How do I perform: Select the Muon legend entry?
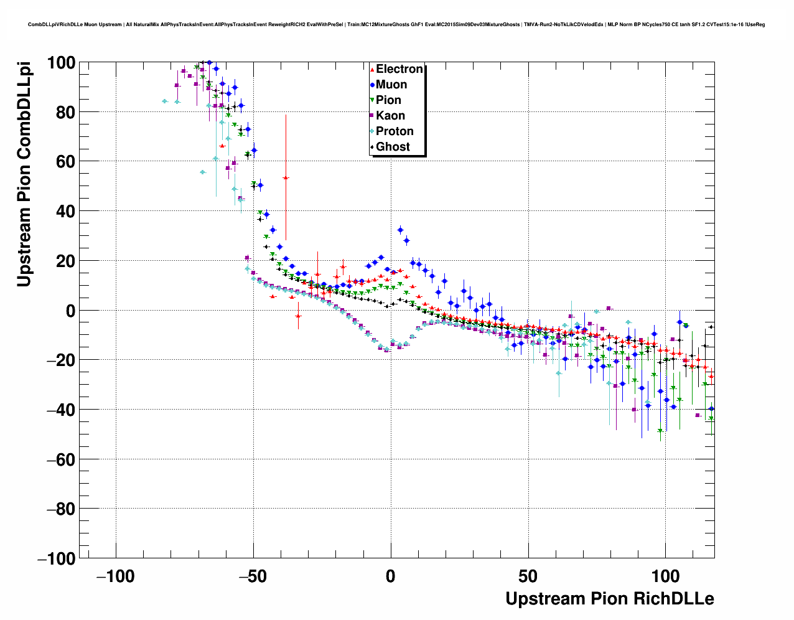pyautogui.click(x=391, y=85)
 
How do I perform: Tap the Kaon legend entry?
pyautogui.click(x=390, y=116)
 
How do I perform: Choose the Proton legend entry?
pyautogui.click(x=395, y=131)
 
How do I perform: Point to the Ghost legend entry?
pyautogui.click(x=393, y=147)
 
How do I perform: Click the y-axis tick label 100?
pyautogui.click(x=60, y=63)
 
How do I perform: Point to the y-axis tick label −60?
pyautogui.click(x=60, y=460)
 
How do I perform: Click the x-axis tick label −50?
pyautogui.click(x=253, y=576)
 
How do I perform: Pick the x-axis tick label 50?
pyautogui.click(x=528, y=576)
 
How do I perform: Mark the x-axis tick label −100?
pyautogui.click(x=115, y=576)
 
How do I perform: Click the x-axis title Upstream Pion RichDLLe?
pyautogui.click(x=609, y=599)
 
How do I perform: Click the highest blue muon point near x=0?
pyautogui.click(x=400, y=230)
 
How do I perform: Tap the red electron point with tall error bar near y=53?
pyautogui.click(x=286, y=178)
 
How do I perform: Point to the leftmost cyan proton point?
pyautogui.click(x=164, y=101)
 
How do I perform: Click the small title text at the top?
pyautogui.click(x=396, y=25)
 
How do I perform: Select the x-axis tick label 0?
pyautogui.click(x=391, y=576)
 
